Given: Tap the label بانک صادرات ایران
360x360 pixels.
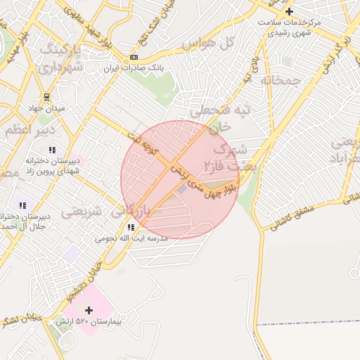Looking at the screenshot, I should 134,69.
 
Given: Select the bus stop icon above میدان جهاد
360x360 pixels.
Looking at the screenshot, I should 46,96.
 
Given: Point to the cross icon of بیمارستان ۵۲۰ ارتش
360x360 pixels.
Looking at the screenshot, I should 89,310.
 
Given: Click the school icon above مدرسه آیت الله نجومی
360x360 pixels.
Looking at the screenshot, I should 131,227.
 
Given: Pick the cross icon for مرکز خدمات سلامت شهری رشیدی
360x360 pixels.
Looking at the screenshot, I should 289,11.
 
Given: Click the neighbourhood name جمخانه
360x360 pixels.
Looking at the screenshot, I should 281,80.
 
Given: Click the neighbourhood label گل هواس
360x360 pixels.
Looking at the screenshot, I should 207,43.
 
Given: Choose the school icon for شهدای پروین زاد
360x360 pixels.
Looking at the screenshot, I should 51,149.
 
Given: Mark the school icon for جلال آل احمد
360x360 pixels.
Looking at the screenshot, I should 23,205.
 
